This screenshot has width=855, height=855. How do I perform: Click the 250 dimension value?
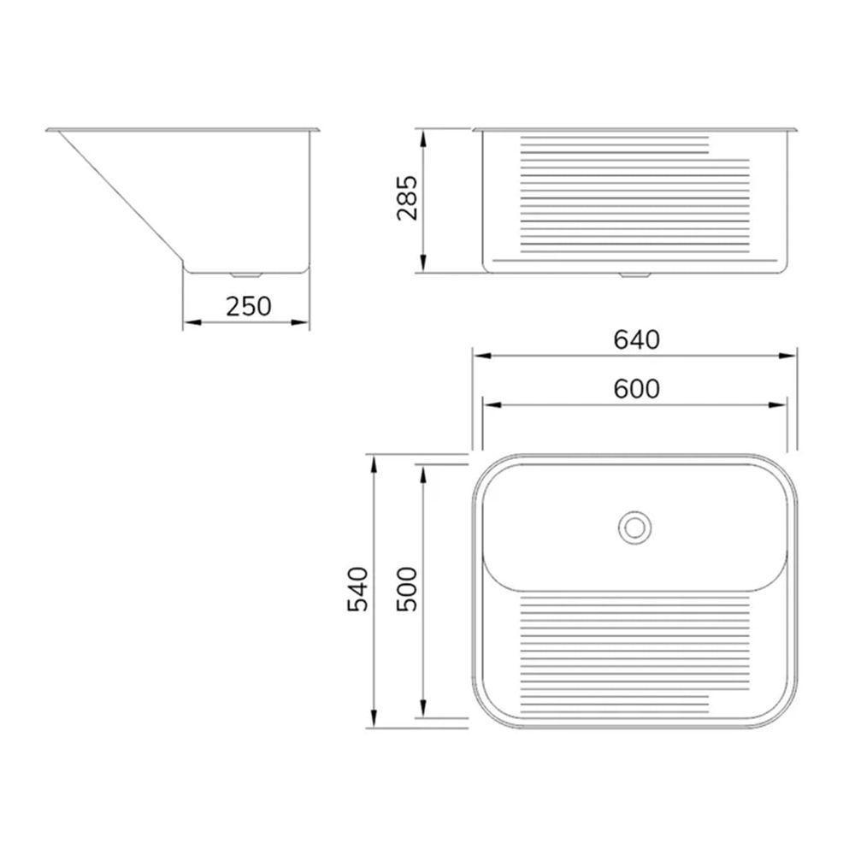point(248,305)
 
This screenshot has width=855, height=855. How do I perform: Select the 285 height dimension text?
point(408,198)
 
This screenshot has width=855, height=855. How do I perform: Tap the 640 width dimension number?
point(637,339)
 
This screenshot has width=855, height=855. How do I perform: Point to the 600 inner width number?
point(637,389)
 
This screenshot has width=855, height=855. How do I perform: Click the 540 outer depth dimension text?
point(358,589)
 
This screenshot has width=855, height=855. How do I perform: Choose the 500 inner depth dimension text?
point(408,589)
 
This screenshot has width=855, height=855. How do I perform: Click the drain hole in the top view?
point(634,526)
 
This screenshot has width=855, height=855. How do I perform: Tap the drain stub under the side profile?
point(246,275)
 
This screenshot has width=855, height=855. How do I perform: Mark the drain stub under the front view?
point(634,275)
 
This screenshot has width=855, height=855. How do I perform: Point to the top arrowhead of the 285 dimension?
point(422,135)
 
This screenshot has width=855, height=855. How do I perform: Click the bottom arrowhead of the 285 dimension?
point(422,266)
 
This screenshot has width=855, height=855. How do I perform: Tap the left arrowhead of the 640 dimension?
point(481,356)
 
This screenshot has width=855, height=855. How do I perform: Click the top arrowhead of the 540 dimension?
point(374,463)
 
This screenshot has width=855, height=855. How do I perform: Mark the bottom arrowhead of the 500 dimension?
point(422,711)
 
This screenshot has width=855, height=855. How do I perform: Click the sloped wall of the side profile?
point(120,197)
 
